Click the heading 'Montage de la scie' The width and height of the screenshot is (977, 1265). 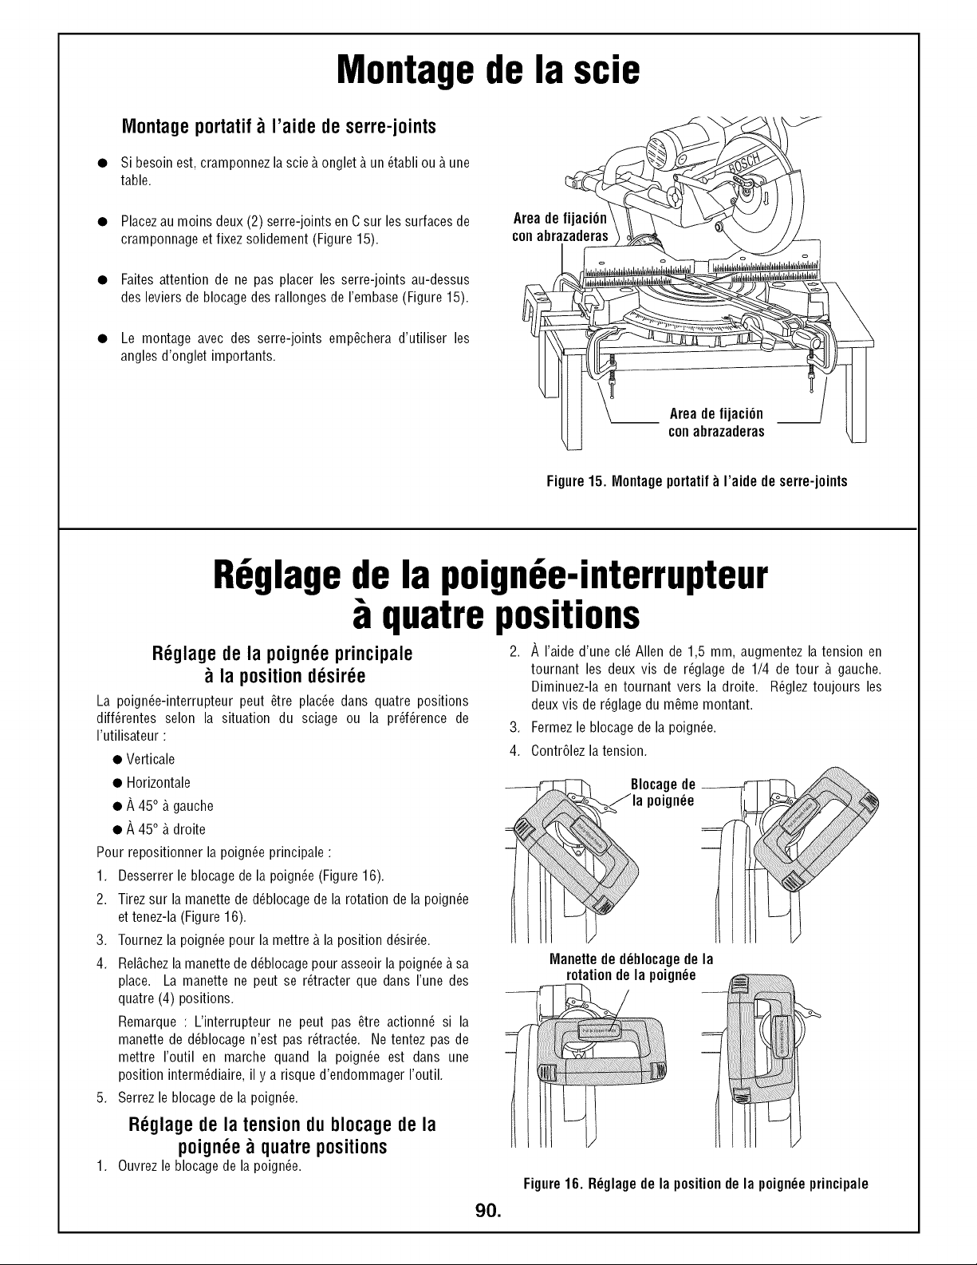click(x=488, y=70)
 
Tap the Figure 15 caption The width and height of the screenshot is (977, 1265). click(x=697, y=481)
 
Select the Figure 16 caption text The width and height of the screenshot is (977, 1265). click(x=696, y=1184)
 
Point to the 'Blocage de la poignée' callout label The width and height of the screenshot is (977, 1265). click(x=663, y=793)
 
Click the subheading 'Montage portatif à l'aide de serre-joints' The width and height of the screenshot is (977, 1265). click(x=278, y=126)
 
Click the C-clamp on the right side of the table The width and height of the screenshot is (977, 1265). click(x=814, y=355)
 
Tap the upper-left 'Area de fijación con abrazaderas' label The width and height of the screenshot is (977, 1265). click(x=560, y=227)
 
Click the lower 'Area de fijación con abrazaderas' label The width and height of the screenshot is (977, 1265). click(x=716, y=423)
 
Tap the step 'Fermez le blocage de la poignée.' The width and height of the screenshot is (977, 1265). click(x=624, y=728)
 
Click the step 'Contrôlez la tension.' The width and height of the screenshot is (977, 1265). click(x=589, y=751)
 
